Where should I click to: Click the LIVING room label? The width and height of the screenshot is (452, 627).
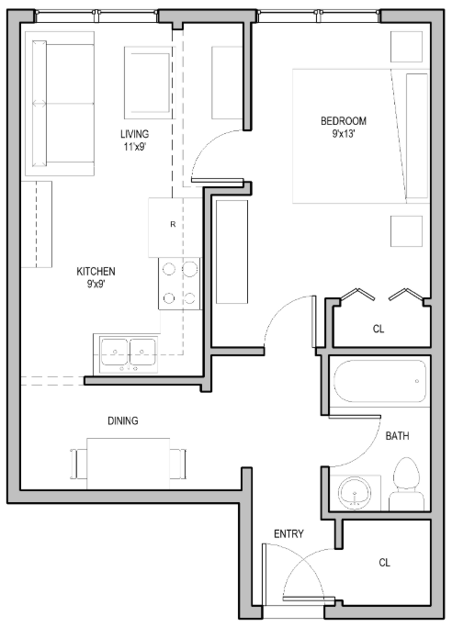tap(134, 134)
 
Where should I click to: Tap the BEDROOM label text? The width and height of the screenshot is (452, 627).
tap(344, 121)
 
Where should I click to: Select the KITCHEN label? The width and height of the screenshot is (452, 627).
tap(96, 272)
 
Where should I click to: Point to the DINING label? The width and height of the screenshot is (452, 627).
tap(122, 421)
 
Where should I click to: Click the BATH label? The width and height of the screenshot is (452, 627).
tap(398, 435)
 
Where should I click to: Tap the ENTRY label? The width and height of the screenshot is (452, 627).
tap(288, 534)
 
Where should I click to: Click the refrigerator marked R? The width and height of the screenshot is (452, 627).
tap(173, 226)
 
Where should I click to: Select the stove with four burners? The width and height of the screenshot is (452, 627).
tap(179, 284)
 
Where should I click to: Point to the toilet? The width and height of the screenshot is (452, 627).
tap(405, 487)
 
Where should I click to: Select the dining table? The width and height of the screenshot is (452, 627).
tap(128, 460)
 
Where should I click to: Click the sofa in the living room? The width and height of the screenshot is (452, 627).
tap(59, 106)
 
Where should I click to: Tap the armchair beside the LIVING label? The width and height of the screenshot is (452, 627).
tap(147, 83)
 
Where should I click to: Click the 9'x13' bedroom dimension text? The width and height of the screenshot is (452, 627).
tap(344, 134)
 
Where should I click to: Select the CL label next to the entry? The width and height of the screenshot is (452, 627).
tap(384, 563)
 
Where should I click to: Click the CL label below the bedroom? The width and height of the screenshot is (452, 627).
tap(379, 329)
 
